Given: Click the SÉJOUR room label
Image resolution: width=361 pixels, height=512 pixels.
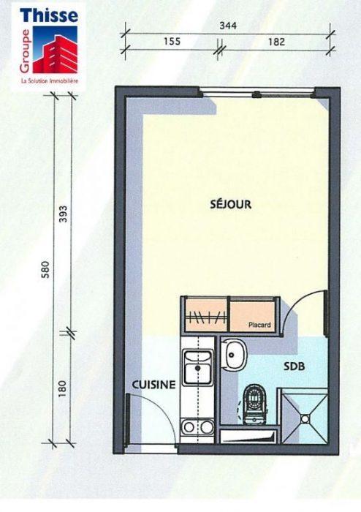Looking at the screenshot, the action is [230, 204].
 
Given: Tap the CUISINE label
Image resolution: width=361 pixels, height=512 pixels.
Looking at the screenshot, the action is [153, 385].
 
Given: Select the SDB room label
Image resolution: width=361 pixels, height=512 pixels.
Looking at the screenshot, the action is [294, 366].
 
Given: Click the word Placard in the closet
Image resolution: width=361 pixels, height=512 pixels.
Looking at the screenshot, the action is [259, 325].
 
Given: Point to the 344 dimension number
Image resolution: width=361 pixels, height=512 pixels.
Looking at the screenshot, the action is [228, 26].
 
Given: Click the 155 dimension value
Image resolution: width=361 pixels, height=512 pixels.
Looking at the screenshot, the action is [172, 42].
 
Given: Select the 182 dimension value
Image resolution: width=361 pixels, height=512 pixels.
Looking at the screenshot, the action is [276, 42].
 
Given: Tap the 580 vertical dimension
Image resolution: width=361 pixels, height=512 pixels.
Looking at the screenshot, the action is [46, 269].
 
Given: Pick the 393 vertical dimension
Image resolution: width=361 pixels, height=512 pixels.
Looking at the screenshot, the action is [63, 214].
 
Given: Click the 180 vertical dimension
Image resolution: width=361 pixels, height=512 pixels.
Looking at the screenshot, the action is [63, 388].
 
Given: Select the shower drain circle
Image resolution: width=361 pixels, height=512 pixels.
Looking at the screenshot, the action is [305, 418].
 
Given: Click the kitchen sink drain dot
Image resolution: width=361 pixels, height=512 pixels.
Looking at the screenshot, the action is [197, 368].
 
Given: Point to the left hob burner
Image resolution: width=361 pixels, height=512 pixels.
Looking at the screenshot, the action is [189, 426].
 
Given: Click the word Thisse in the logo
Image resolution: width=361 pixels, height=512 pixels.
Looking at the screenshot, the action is [49, 15].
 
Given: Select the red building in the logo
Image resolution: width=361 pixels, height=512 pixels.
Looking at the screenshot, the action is [56, 55].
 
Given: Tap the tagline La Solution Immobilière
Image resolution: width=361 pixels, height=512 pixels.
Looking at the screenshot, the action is [50, 81].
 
